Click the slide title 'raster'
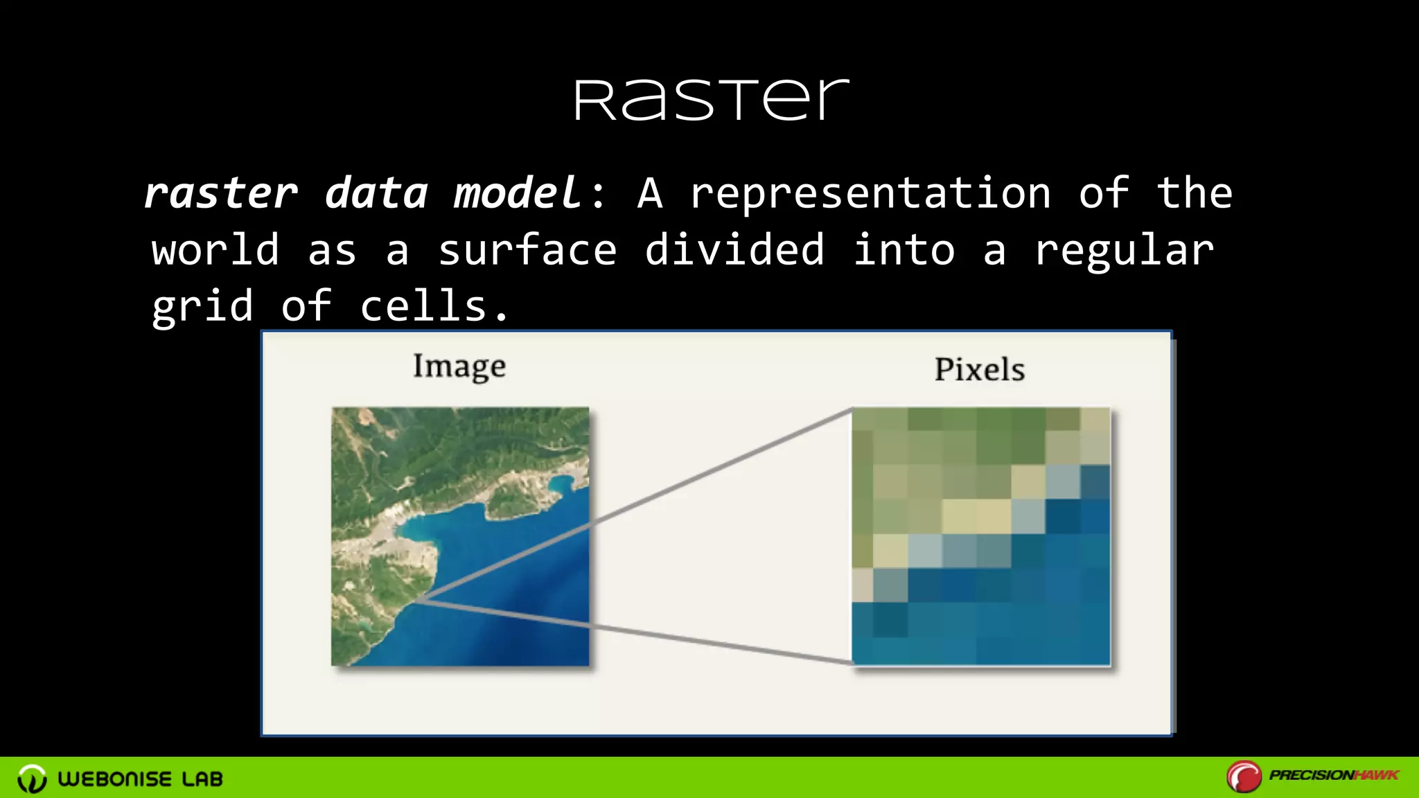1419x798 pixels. tap(711, 100)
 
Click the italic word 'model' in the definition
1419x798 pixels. tap(517, 193)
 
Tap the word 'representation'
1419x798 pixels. tap(870, 193)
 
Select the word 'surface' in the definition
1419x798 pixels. tap(527, 250)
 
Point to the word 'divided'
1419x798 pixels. tap(734, 250)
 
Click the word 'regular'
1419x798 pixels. tap(1124, 251)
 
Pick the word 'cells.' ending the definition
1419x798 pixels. tap(434, 306)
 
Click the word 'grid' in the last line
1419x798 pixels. tap(202, 308)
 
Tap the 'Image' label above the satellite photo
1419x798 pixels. tap(459, 366)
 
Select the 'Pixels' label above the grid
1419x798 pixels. tap(980, 369)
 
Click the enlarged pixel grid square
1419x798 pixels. tap(980, 537)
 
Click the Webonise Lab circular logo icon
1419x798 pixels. tap(32, 779)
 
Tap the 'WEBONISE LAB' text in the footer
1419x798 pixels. tap(141, 779)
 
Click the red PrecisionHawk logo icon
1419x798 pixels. tap(1244, 777)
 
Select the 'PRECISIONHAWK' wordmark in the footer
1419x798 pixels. tap(1334, 775)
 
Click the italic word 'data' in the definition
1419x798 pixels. tap(376, 193)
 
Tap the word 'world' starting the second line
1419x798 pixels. tap(215, 250)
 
